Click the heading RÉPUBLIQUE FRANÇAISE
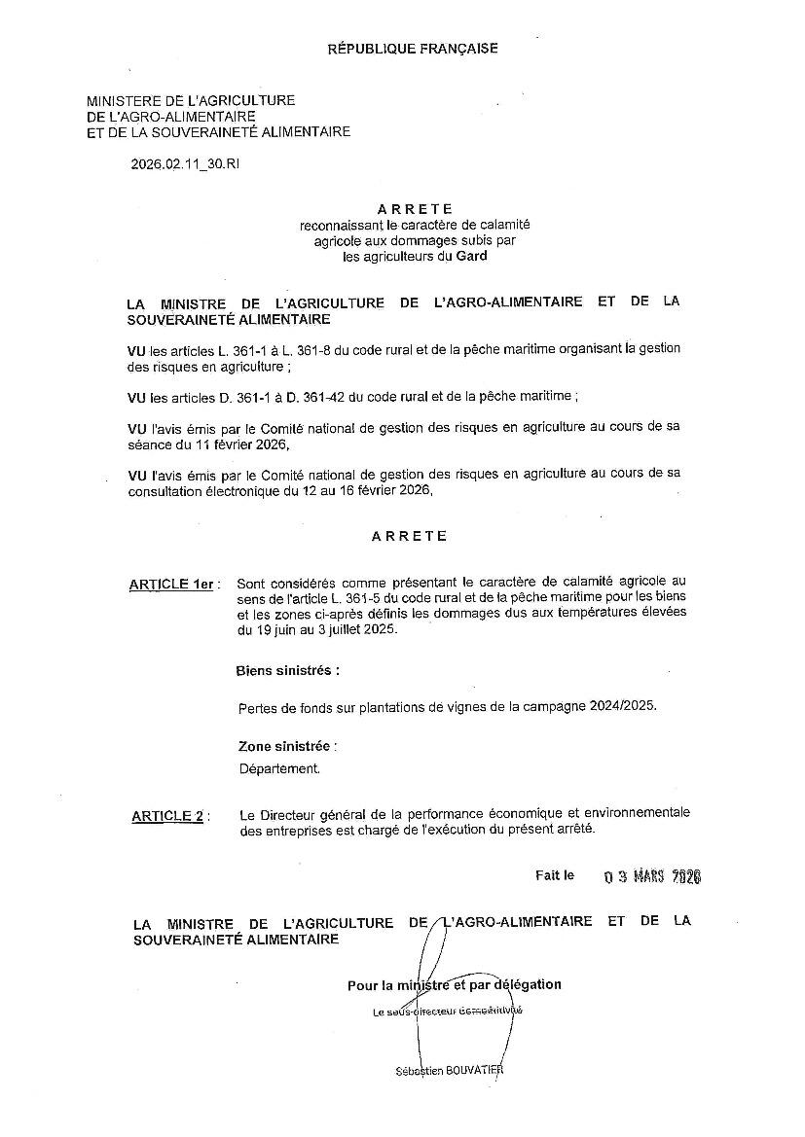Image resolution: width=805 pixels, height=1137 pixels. tap(412, 48)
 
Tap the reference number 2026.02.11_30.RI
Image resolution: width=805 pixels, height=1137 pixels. tap(185, 164)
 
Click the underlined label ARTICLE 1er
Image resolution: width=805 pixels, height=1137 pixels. tap(172, 584)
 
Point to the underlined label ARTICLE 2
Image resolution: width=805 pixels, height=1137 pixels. tap(167, 816)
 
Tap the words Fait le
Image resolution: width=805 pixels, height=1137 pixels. tap(555, 875)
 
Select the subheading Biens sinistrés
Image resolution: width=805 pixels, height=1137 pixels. tap(288, 671)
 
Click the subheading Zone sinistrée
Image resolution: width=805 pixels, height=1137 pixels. tap(287, 747)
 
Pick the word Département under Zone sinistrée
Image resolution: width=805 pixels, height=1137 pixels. tap(279, 767)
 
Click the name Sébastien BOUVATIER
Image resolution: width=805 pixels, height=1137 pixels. tap(450, 1070)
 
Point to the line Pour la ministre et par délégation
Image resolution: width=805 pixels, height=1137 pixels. tap(454, 984)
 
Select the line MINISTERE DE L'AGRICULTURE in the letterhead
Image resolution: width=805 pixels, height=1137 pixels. tap(191, 100)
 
